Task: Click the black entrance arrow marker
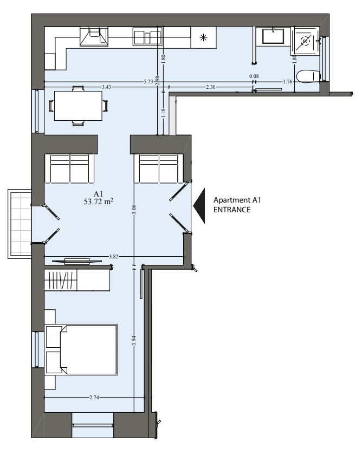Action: click(x=199, y=206)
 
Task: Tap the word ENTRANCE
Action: click(x=232, y=210)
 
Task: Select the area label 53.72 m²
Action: click(x=99, y=201)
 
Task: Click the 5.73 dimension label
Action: click(x=148, y=82)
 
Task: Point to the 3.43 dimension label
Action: click(x=107, y=87)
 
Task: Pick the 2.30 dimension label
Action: click(x=211, y=87)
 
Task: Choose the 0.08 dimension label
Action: click(x=254, y=76)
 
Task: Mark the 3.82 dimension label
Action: click(x=113, y=257)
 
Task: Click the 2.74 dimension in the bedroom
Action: click(x=94, y=397)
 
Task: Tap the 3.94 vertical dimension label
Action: click(x=134, y=341)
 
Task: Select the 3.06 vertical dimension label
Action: click(x=134, y=210)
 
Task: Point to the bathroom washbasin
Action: click(x=273, y=36)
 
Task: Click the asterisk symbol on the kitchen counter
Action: click(x=204, y=37)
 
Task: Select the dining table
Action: click(x=78, y=106)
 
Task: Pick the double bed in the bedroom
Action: click(x=82, y=350)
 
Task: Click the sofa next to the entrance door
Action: click(x=159, y=168)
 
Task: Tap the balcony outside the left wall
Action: click(x=20, y=224)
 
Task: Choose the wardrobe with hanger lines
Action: click(x=61, y=280)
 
